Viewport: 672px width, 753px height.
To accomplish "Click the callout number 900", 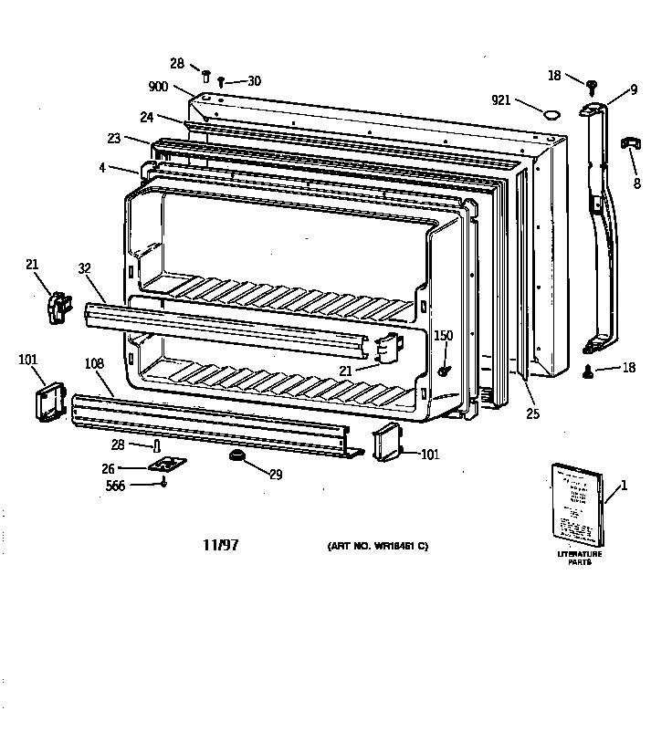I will [x=159, y=88].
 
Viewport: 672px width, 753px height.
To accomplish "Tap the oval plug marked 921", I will [x=551, y=114].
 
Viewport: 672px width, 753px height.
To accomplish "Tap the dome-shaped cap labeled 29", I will [x=238, y=456].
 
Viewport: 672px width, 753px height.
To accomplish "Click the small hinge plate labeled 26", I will [x=165, y=465].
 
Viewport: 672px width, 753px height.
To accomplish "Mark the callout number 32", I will [x=85, y=268].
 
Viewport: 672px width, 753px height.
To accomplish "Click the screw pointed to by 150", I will [x=444, y=370].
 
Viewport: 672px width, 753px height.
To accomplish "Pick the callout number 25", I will [x=533, y=413].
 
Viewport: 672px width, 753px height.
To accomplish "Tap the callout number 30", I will [x=253, y=81].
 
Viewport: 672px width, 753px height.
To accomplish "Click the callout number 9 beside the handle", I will [x=633, y=89].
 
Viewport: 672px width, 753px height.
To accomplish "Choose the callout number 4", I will [x=102, y=167].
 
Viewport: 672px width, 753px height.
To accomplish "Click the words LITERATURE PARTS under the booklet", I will [x=580, y=559].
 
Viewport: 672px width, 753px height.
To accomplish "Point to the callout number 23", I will [x=113, y=140].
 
